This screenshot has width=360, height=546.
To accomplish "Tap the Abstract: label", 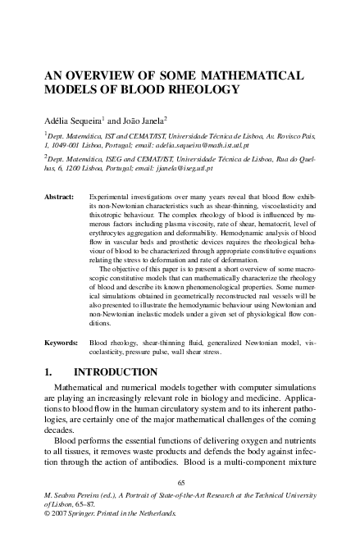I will (x=60, y=198).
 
